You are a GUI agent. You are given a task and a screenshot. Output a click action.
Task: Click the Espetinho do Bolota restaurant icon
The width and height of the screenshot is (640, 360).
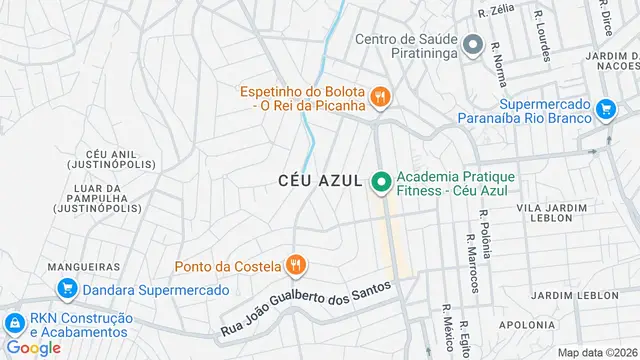(x=380, y=97)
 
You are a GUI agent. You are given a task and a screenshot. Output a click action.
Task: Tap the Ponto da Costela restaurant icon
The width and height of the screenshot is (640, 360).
(x=295, y=265)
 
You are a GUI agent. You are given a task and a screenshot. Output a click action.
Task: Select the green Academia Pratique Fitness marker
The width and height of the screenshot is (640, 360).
(x=380, y=181)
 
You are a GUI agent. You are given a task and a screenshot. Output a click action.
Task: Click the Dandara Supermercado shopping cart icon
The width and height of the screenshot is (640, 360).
(x=68, y=290)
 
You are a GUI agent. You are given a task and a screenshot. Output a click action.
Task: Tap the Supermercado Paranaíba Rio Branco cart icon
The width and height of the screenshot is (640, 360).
(x=605, y=109)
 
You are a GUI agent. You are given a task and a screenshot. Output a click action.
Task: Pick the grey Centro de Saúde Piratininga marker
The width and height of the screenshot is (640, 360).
(x=473, y=45)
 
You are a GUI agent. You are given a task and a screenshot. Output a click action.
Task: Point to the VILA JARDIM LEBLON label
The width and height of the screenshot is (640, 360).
(x=551, y=212)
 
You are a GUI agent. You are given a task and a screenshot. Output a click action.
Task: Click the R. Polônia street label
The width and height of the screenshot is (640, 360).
(x=485, y=232)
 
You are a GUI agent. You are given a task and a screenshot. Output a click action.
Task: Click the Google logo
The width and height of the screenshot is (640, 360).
(x=33, y=348)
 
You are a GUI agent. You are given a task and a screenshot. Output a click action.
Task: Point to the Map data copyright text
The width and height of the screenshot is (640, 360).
(x=597, y=352)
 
